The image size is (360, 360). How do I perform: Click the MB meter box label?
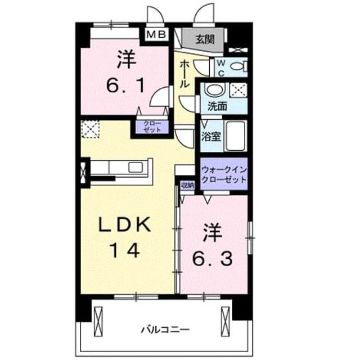pos(156,34)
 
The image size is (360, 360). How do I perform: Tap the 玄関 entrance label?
pos(205,39)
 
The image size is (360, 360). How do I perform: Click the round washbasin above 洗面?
pos(214,89)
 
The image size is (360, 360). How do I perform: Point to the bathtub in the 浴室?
pos(236,136)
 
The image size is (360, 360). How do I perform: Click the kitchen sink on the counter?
pos(136,167)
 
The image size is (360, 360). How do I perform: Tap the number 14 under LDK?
pos(125,250)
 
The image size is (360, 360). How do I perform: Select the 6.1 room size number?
pos(125,85)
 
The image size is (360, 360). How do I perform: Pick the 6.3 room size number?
pos(212,259)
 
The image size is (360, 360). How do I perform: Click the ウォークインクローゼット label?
pos(224,174)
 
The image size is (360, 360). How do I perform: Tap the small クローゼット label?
pos(152,127)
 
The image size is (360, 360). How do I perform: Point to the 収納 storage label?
pos(187,185)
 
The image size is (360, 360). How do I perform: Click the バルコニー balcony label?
pos(165,330)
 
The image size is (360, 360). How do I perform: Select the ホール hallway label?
pos(184,74)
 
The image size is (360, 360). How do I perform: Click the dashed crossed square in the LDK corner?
pos(91,129)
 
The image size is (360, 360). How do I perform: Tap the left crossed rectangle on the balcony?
pos(98,321)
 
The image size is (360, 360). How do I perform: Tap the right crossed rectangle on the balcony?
pos(226,321)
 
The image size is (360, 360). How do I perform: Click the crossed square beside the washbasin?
pos(238,91)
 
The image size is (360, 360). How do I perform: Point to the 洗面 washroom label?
pos(217,106)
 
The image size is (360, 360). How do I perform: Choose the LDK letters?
pos(125,224)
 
